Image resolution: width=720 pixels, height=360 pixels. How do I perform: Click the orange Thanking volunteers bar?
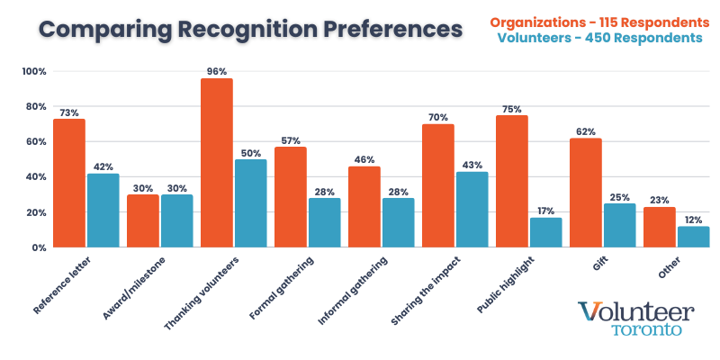pyautogui.click(x=217, y=163)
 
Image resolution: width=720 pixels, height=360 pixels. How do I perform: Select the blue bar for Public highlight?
pyautogui.click(x=544, y=232)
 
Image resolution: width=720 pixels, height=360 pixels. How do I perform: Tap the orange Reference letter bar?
pyautogui.click(x=69, y=183)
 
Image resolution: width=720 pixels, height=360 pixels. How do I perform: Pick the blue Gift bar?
pyautogui.click(x=618, y=225)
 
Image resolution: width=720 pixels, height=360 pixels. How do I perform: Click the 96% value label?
pyautogui.click(x=217, y=72)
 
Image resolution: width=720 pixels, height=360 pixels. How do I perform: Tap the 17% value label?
pyautogui.click(x=544, y=211)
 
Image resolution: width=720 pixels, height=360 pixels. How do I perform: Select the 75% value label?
pyautogui.click(x=511, y=109)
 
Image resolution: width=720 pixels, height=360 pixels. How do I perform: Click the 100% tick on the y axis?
pyautogui.click(x=34, y=71)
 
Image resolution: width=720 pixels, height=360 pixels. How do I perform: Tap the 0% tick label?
pyautogui.click(x=40, y=247)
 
